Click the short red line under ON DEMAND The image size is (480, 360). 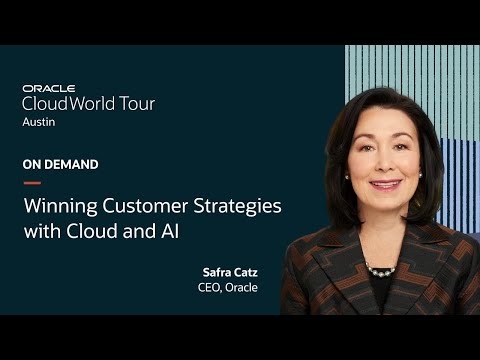31,183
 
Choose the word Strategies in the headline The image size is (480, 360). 239,207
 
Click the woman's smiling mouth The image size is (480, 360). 385,185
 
